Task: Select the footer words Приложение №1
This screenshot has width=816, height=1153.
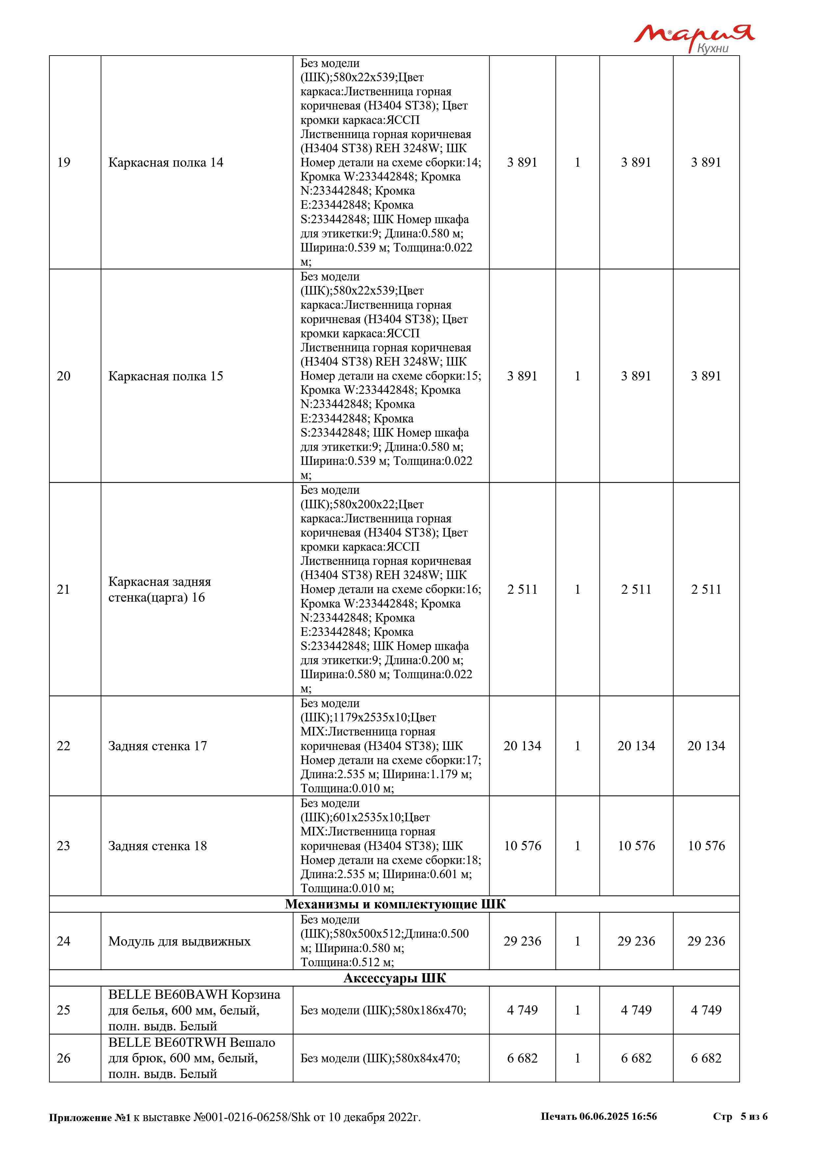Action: (x=89, y=1117)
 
